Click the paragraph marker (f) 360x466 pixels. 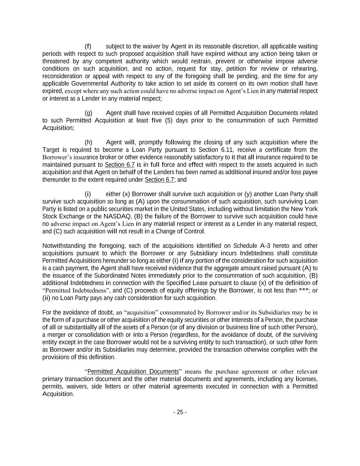point(88,46)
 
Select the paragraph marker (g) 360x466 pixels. point(88,113)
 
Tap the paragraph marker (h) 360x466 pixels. point(88,142)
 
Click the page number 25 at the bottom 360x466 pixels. point(180,412)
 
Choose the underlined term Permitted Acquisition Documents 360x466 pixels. point(133,371)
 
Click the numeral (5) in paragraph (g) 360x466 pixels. point(169,121)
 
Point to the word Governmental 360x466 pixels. point(89,84)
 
